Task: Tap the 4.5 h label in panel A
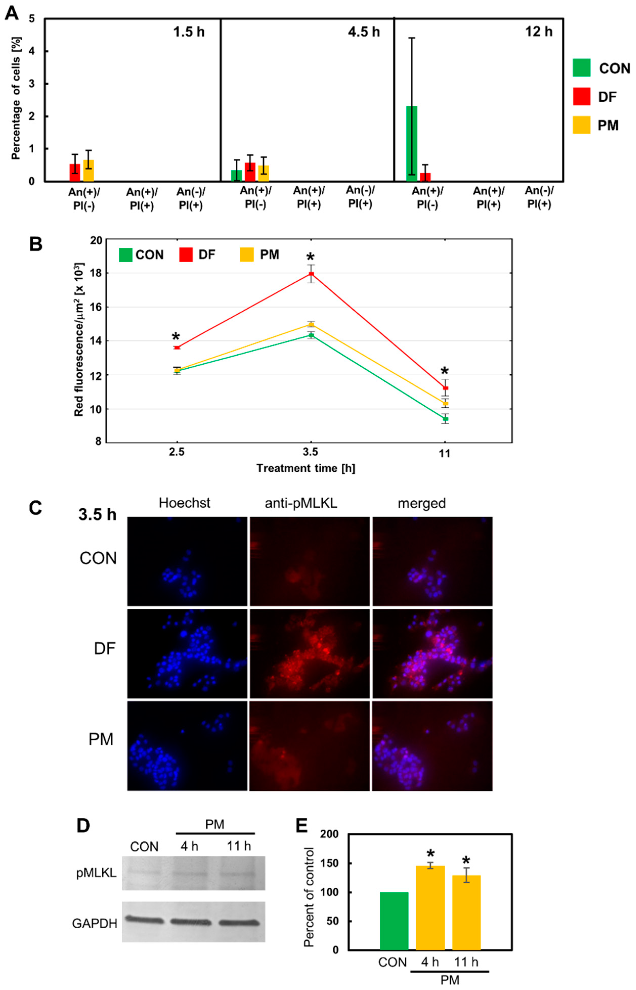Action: pos(363,32)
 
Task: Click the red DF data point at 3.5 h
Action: pos(311,274)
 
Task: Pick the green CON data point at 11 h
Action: pos(445,419)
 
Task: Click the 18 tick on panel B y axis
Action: pos(96,273)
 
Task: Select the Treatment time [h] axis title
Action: pos(306,468)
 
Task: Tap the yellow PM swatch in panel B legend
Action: pos(247,255)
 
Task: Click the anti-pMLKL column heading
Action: pos(301,503)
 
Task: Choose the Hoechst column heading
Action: pos(185,503)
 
